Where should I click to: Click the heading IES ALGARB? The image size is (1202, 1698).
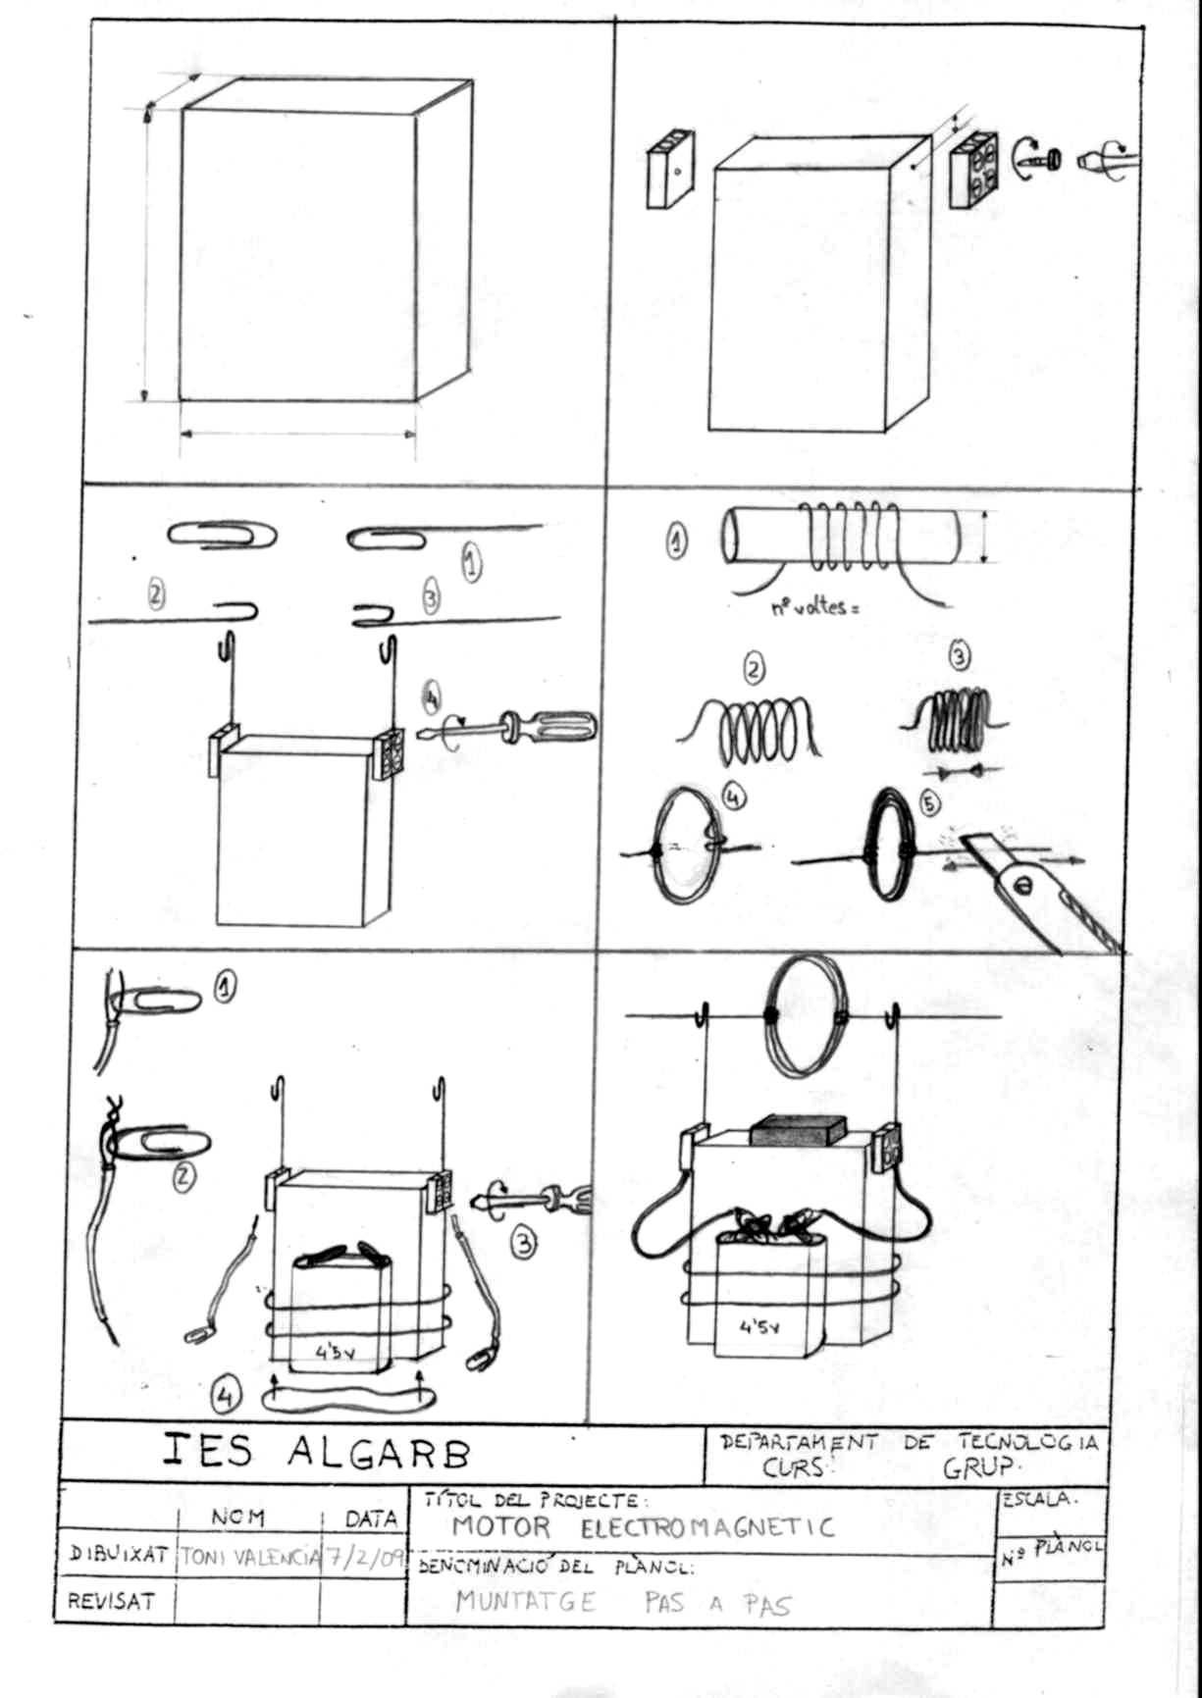316,1452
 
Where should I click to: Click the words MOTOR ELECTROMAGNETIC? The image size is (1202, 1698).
643,1527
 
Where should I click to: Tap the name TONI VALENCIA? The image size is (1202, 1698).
250,1558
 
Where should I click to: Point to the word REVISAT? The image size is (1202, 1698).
111,1602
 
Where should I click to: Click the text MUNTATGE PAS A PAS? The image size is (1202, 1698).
622,1603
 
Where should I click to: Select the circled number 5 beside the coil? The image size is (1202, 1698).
929,803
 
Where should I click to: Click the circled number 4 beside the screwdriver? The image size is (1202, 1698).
431,698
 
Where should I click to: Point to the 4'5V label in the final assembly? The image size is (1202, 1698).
758,1329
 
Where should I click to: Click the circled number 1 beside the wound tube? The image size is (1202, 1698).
677,540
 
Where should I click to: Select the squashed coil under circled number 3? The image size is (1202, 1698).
955,719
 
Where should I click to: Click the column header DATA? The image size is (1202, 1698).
371,1519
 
